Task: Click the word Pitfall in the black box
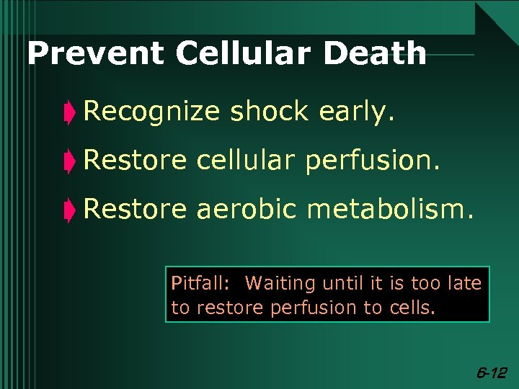192,283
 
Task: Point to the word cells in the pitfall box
411,308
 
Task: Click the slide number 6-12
492,372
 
